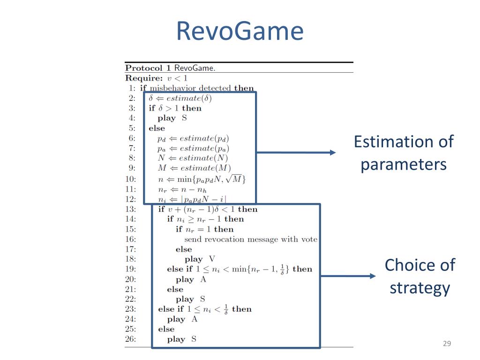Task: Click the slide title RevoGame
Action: [240, 31]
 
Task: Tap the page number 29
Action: [447, 344]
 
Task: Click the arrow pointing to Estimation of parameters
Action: [296, 152]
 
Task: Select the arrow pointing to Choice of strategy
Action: [348, 276]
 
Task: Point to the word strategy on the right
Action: [420, 288]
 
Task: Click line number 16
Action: [130, 239]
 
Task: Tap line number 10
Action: [130, 179]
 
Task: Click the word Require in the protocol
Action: [144, 78]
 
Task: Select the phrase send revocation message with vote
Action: [251, 239]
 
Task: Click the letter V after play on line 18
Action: [212, 259]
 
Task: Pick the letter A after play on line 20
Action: [203, 279]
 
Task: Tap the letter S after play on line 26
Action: [194, 339]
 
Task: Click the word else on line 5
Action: [157, 128]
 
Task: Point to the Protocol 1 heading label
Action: [148, 68]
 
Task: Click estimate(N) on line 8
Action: [203, 158]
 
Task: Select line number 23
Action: [130, 309]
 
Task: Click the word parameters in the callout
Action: [404, 165]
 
